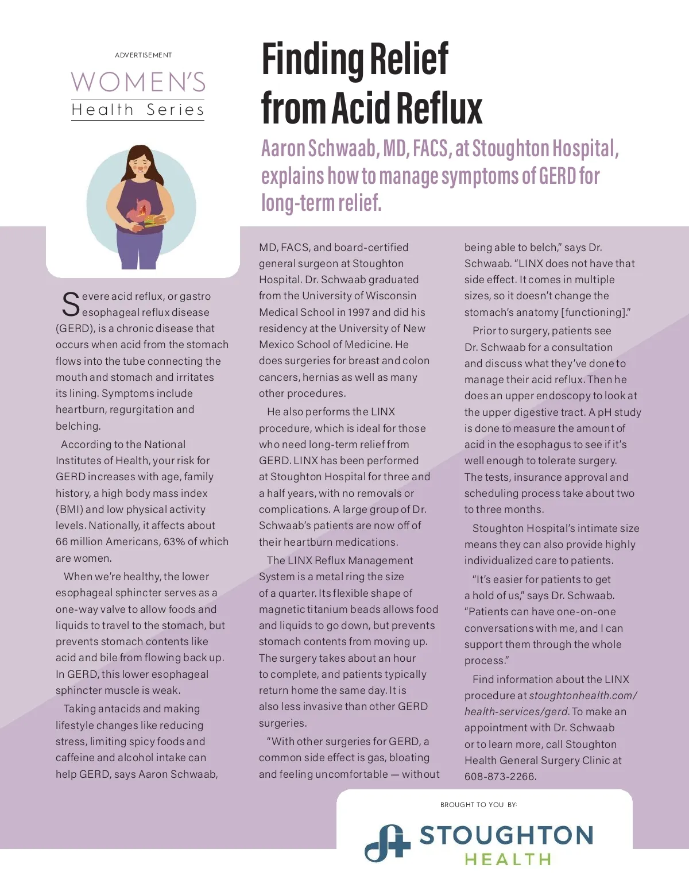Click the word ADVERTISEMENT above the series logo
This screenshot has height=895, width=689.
(x=143, y=55)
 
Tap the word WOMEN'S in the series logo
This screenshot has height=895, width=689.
(x=138, y=82)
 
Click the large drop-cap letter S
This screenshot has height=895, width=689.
(x=71, y=304)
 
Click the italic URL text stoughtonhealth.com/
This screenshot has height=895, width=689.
(x=583, y=696)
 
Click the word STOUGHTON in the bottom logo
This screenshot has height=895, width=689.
(x=506, y=836)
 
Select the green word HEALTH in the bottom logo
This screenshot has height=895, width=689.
(x=508, y=860)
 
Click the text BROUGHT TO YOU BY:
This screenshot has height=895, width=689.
(x=478, y=805)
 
